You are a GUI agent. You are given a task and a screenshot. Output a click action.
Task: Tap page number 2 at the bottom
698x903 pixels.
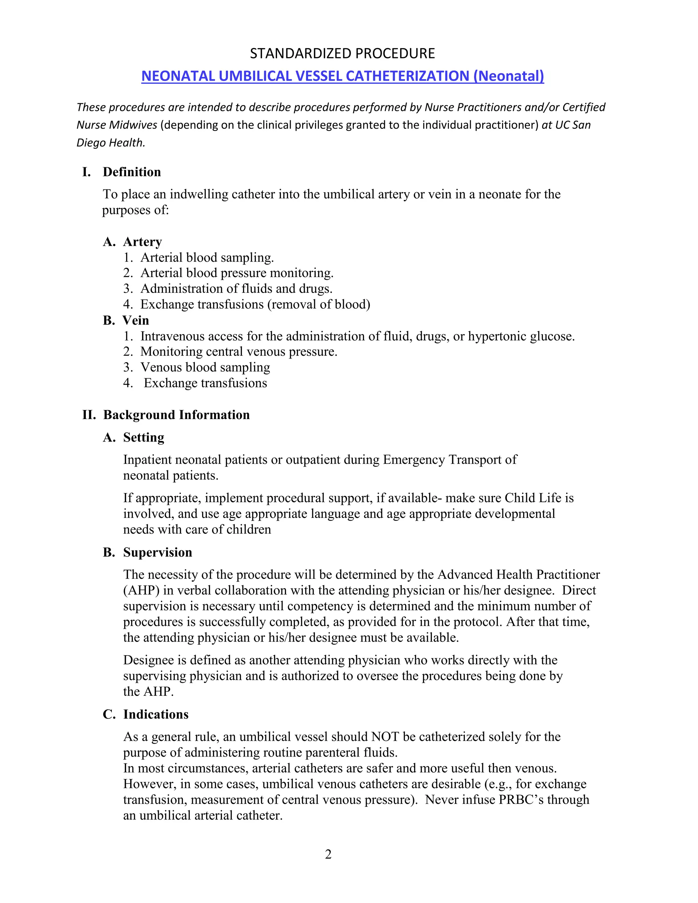click(328, 854)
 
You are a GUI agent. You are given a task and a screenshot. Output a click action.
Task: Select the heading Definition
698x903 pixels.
click(132, 172)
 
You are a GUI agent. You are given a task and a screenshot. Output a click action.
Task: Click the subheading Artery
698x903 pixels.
click(142, 242)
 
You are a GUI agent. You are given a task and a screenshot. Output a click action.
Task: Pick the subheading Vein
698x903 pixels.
click(136, 320)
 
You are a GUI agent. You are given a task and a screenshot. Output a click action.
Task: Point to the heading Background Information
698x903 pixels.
click(176, 415)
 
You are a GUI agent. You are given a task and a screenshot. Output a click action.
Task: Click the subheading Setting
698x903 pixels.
click(143, 438)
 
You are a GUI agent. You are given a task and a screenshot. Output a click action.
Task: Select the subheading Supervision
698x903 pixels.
click(157, 552)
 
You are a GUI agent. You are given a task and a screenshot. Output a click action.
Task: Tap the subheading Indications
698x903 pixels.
click(155, 715)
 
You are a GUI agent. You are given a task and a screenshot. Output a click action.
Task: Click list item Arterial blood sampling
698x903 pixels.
click(207, 258)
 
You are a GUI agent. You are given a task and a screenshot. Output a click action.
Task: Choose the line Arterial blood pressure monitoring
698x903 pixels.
click(237, 273)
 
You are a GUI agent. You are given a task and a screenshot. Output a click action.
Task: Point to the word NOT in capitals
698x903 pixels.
click(385, 737)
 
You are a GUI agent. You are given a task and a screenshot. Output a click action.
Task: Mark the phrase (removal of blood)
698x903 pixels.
click(318, 305)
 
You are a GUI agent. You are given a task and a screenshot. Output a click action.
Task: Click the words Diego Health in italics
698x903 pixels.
click(111, 143)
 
